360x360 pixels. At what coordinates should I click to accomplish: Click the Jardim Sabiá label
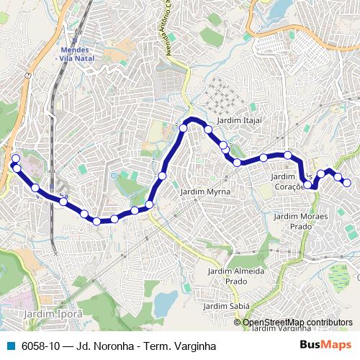[x=225, y=305]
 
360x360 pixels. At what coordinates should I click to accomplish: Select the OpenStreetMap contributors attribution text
[x=297, y=323]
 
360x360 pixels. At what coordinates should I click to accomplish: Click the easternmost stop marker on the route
[x=346, y=183]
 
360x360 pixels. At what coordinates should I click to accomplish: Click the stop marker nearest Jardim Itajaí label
[x=208, y=130]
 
